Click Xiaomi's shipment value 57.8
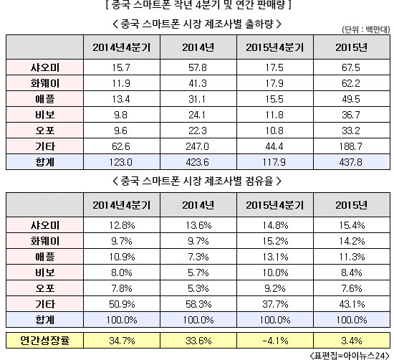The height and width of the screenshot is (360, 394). click(x=198, y=67)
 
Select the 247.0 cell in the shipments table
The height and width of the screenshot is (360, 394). click(x=198, y=146)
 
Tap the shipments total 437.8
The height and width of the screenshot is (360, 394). click(x=351, y=162)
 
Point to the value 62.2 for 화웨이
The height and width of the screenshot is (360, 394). click(x=351, y=83)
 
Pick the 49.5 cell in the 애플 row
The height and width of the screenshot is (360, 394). click(x=351, y=99)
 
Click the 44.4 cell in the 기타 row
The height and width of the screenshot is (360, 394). click(x=274, y=146)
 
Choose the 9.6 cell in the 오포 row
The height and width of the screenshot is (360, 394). click(x=121, y=131)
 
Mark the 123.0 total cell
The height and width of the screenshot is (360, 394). click(x=121, y=162)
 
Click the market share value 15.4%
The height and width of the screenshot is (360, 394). click(x=352, y=225)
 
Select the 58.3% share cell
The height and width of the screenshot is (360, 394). click(x=198, y=304)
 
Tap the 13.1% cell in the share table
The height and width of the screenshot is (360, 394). click(x=275, y=257)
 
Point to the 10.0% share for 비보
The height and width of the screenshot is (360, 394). click(x=275, y=273)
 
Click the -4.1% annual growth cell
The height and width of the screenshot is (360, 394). click(x=275, y=341)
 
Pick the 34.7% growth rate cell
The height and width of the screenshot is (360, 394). click(x=122, y=341)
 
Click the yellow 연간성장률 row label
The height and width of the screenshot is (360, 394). click(x=44, y=341)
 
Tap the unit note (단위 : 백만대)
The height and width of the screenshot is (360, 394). click(x=365, y=30)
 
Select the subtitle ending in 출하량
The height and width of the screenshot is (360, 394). click(x=197, y=24)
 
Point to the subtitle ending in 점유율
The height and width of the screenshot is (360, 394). click(x=197, y=181)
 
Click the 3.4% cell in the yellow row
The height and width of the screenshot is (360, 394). click(x=352, y=341)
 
